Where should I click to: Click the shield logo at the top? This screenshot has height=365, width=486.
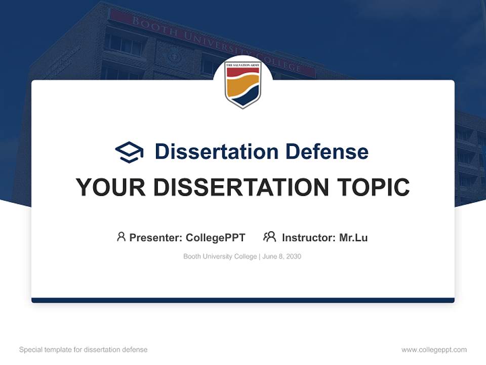click(x=242, y=84)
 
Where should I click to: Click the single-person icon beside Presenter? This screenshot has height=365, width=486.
click(x=121, y=237)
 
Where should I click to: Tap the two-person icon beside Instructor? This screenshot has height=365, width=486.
click(x=269, y=237)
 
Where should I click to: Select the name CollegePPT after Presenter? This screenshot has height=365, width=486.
click(x=216, y=238)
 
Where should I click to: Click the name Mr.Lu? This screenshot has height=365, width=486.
click(x=353, y=238)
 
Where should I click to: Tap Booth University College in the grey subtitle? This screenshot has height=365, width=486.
click(x=220, y=257)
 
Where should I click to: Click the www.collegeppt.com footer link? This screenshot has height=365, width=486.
click(x=434, y=350)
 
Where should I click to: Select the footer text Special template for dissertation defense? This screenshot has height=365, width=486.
click(x=84, y=350)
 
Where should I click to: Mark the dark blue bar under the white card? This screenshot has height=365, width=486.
click(x=242, y=300)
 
